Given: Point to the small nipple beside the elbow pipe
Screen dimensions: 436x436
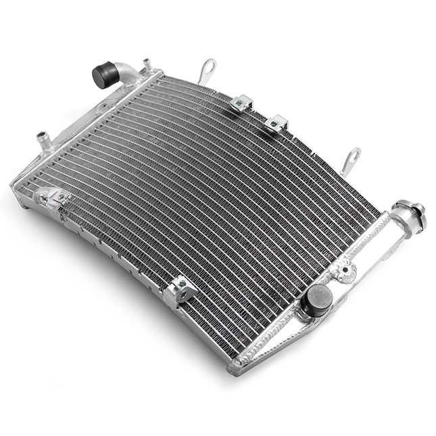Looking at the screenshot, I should click(x=145, y=65).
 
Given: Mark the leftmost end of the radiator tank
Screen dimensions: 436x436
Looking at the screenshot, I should click(x=14, y=185).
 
